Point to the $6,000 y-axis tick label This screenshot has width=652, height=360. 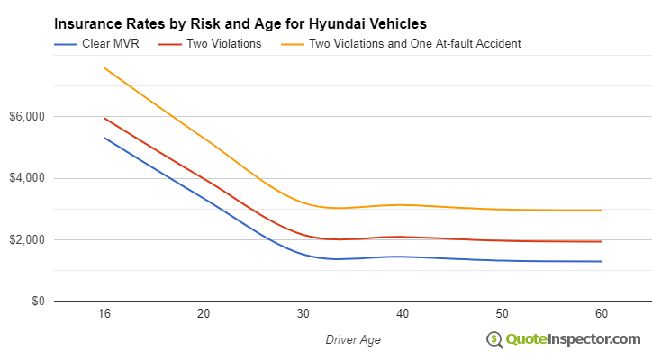pyautogui.click(x=28, y=117)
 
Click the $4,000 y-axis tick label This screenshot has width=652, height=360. pyautogui.click(x=28, y=178)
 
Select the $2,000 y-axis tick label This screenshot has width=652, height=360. pyautogui.click(x=28, y=240)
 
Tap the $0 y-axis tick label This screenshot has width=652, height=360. pyautogui.click(x=36, y=301)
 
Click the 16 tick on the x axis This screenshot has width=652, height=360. pyautogui.click(x=104, y=313)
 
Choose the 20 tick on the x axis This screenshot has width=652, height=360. pyautogui.click(x=204, y=313)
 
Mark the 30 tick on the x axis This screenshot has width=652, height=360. pyautogui.click(x=303, y=313)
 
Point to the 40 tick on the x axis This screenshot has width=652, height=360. pyautogui.click(x=403, y=313)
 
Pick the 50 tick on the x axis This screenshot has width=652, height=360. pyautogui.click(x=502, y=313)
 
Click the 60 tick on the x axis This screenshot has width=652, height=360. pyautogui.click(x=601, y=313)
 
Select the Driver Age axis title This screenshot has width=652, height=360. pyautogui.click(x=352, y=339)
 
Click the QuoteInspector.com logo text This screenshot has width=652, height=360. pyautogui.click(x=573, y=339)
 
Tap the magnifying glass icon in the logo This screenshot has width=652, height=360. pyautogui.click(x=494, y=340)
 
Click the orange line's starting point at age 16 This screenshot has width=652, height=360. pyautogui.click(x=104, y=68)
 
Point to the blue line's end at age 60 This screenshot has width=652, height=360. pyautogui.click(x=601, y=261)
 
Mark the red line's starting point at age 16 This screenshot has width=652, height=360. pyautogui.click(x=104, y=118)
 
